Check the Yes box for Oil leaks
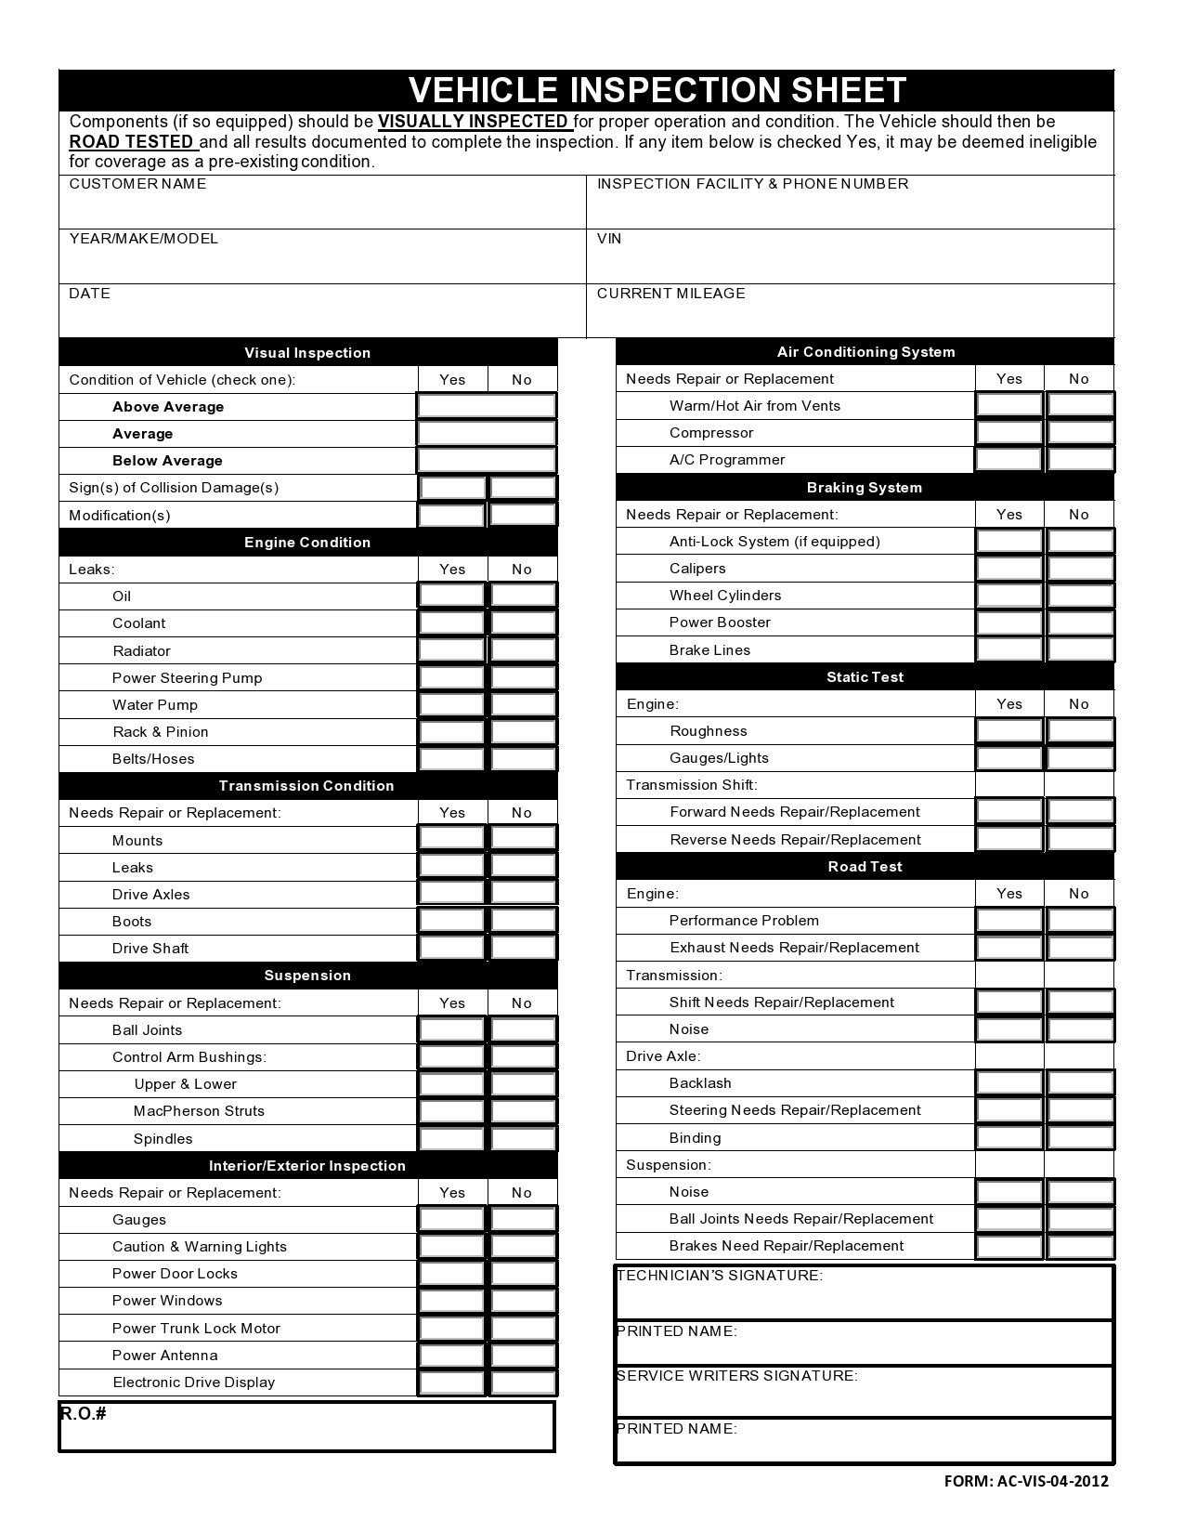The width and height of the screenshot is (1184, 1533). (452, 596)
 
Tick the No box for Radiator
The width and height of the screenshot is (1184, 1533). (523, 650)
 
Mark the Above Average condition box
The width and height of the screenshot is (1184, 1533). (487, 406)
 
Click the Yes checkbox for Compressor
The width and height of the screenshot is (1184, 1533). (1009, 432)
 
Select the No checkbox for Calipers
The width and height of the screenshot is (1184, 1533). (1080, 568)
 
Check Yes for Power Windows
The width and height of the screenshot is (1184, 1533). (452, 1301)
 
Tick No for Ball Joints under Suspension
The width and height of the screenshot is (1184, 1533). (523, 1029)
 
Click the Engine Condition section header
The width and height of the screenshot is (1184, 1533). (307, 543)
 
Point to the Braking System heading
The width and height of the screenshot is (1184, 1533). (865, 488)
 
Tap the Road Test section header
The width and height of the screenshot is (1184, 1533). (865, 867)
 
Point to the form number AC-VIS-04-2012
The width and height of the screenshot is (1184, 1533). (1026, 1482)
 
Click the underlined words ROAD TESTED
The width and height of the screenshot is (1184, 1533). (132, 142)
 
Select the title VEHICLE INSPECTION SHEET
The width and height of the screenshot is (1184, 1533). (657, 90)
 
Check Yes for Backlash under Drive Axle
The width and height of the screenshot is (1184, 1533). (1009, 1082)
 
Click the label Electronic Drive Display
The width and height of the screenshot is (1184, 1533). (194, 1382)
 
